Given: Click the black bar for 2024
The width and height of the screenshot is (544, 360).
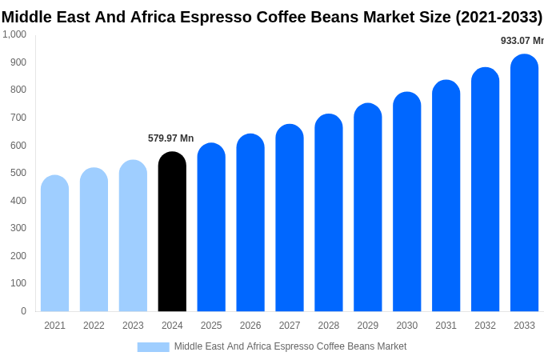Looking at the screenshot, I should [x=172, y=232].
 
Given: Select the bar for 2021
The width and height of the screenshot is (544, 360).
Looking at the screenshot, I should [x=54, y=244].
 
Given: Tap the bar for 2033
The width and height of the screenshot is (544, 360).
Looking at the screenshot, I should [x=524, y=183].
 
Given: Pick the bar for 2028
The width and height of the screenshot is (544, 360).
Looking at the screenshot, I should [x=329, y=213].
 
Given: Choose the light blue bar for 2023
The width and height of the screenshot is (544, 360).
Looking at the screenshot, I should [x=133, y=236].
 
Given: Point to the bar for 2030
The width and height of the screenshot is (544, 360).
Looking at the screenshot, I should [x=406, y=202].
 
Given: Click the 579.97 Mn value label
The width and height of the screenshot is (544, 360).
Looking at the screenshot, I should [x=170, y=138].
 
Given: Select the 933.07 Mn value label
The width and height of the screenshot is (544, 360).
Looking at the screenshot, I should [x=522, y=41].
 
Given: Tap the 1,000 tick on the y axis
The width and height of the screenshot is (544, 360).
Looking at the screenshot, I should [x=14, y=34].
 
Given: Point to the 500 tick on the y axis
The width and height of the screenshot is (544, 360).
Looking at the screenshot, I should [x=18, y=173].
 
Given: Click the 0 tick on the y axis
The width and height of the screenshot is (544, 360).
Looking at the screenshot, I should [x=23, y=311].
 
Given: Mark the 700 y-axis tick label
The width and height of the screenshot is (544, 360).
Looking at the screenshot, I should [x=18, y=118].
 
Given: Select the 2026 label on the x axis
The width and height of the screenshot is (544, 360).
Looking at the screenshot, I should [x=250, y=326].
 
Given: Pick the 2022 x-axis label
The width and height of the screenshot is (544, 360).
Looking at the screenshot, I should [x=94, y=326].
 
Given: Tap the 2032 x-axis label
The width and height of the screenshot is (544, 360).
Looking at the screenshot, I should [x=485, y=326].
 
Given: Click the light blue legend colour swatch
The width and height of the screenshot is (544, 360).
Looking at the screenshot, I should [x=153, y=347].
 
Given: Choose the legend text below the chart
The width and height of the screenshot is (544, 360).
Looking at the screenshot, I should [x=290, y=346].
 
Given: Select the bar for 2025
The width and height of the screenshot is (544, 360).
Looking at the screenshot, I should [x=211, y=227].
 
